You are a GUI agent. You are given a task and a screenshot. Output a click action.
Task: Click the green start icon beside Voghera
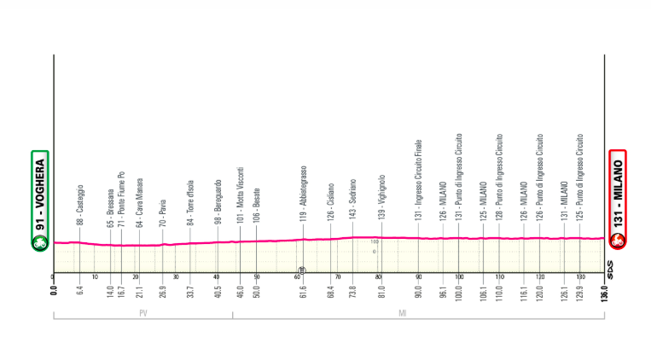pyautogui.click(x=39, y=243)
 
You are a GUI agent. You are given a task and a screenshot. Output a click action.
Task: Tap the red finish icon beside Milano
pyautogui.click(x=616, y=243)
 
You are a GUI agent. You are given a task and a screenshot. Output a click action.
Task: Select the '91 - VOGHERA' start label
pyautogui.click(x=39, y=193)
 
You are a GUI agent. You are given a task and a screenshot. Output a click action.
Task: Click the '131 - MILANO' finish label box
pyautogui.click(x=616, y=193)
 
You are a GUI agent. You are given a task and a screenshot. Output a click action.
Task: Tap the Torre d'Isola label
pyautogui.click(x=191, y=202)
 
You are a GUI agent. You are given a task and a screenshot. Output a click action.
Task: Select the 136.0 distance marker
pyautogui.click(x=604, y=288)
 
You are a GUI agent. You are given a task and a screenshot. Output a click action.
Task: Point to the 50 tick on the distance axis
pyautogui.click(x=256, y=277)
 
